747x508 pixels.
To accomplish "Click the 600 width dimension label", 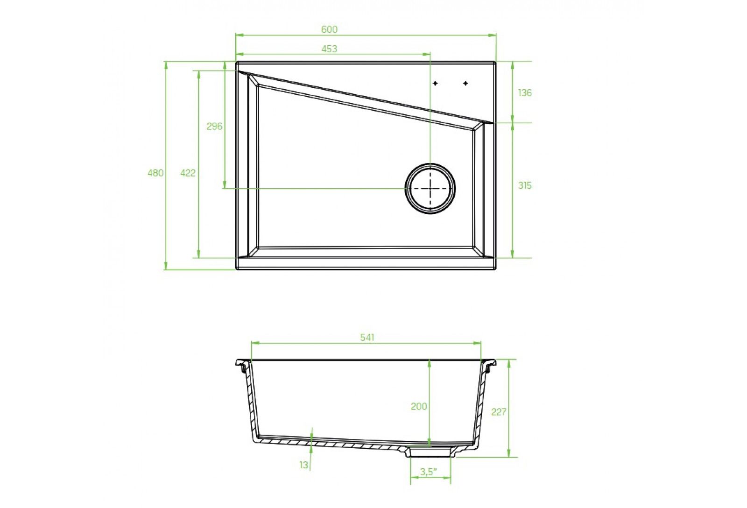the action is coord(329,29).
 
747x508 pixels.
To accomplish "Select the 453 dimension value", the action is coord(329,49).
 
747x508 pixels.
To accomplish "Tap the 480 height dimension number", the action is coord(155,173).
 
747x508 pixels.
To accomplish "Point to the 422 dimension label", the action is coord(188,173).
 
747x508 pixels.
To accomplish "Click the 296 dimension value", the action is coord(214,126).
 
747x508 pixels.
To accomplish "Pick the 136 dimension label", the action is coord(525,93).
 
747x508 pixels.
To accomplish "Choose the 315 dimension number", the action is coord(525,185).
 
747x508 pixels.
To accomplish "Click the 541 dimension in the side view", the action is coord(367,337).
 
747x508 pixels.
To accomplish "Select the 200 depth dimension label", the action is coord(419,406).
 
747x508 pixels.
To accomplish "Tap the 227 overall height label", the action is coord(499,412).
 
